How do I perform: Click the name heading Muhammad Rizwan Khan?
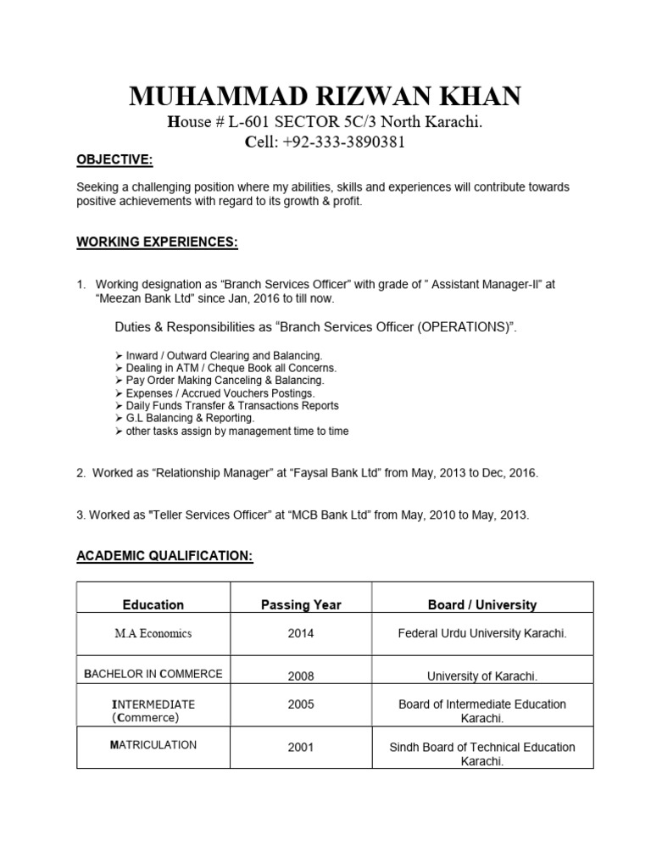click(x=325, y=97)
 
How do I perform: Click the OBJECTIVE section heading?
click(x=115, y=160)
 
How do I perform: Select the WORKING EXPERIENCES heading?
click(x=158, y=242)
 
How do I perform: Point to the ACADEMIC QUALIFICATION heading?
click(x=164, y=555)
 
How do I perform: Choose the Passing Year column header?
click(x=300, y=604)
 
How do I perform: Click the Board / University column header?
click(x=481, y=604)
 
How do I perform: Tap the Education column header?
click(x=153, y=604)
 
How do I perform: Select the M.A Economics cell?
click(x=153, y=633)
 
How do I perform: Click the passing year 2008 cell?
click(x=300, y=676)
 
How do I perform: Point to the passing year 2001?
click(x=300, y=748)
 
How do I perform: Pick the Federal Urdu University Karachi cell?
click(x=481, y=633)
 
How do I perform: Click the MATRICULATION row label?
click(x=153, y=745)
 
